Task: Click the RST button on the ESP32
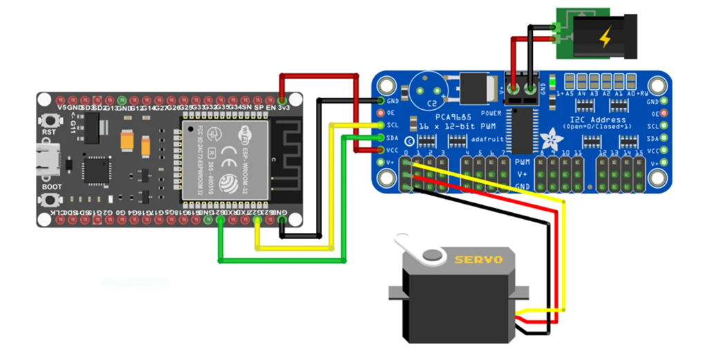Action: tap(49, 120)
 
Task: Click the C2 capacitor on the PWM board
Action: tap(428, 91)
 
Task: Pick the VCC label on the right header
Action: tap(651, 150)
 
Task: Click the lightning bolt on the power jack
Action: tap(605, 38)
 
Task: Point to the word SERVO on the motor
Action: tap(475, 260)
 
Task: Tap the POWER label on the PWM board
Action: tap(491, 113)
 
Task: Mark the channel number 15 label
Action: tap(640, 152)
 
